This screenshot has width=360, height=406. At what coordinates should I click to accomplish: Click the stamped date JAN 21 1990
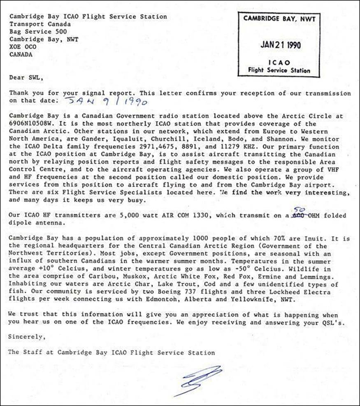280,45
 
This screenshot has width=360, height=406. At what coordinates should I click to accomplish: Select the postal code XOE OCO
23,47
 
